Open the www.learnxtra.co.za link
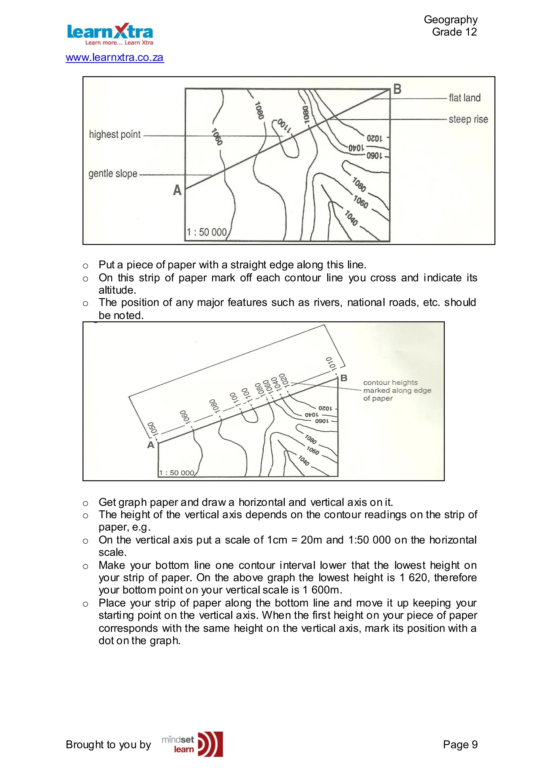coord(115,58)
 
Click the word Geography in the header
coord(450,19)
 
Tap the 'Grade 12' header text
coord(454,32)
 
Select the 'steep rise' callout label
coord(468,119)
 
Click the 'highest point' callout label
coord(115,134)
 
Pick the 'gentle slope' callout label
coord(113,174)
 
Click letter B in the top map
coord(397,89)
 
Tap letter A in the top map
coord(177,190)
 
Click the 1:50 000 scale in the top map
coord(207,232)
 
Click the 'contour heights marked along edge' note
coord(397,390)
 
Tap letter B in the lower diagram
coord(344,378)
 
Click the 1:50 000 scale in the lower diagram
coord(176,473)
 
